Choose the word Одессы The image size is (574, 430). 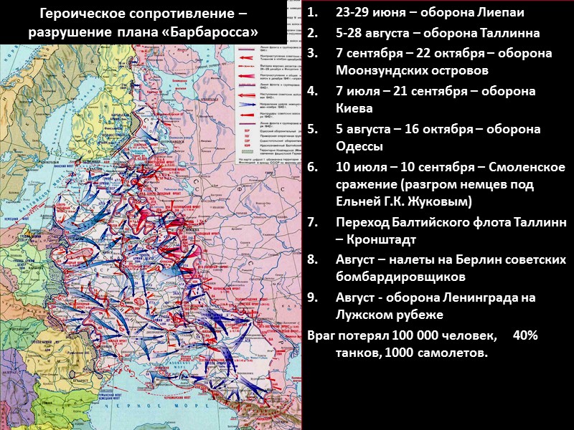click(x=359, y=145)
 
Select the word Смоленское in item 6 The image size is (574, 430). click(x=527, y=166)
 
